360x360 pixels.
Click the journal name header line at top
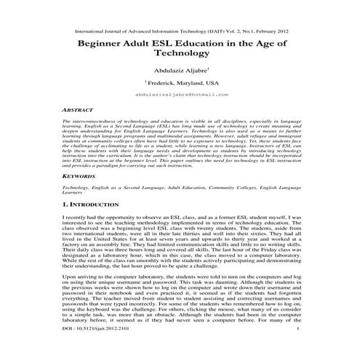click(180, 33)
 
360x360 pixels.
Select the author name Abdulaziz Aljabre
click(178, 71)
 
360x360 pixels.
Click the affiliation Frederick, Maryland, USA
click(181, 83)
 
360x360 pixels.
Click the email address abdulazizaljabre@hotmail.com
click(180, 95)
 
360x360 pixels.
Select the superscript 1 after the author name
click(209, 68)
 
